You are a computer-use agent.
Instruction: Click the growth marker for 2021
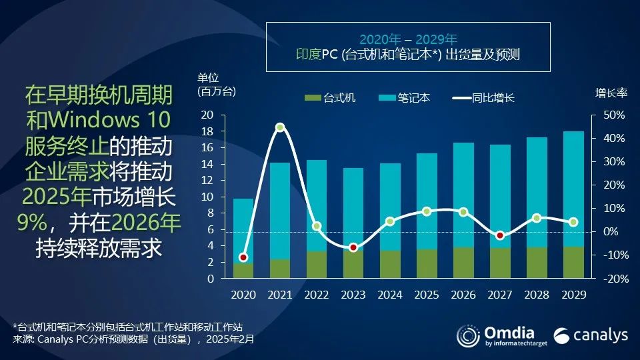click(x=280, y=127)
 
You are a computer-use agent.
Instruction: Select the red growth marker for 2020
click(x=243, y=257)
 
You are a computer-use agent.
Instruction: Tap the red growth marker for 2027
click(x=500, y=235)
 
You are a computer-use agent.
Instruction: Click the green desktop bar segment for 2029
click(x=573, y=263)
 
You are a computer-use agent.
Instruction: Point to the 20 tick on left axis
click(x=207, y=115)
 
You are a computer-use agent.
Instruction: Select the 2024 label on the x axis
click(x=390, y=294)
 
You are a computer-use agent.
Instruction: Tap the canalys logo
click(x=591, y=335)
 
